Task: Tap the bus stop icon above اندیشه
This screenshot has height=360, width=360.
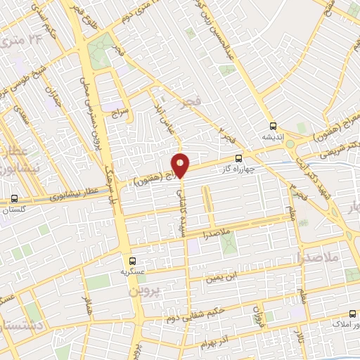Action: click(x=272, y=127)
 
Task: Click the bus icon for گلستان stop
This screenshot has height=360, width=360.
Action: click(x=15, y=199)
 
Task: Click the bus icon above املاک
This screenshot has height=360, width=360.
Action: click(x=352, y=315)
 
